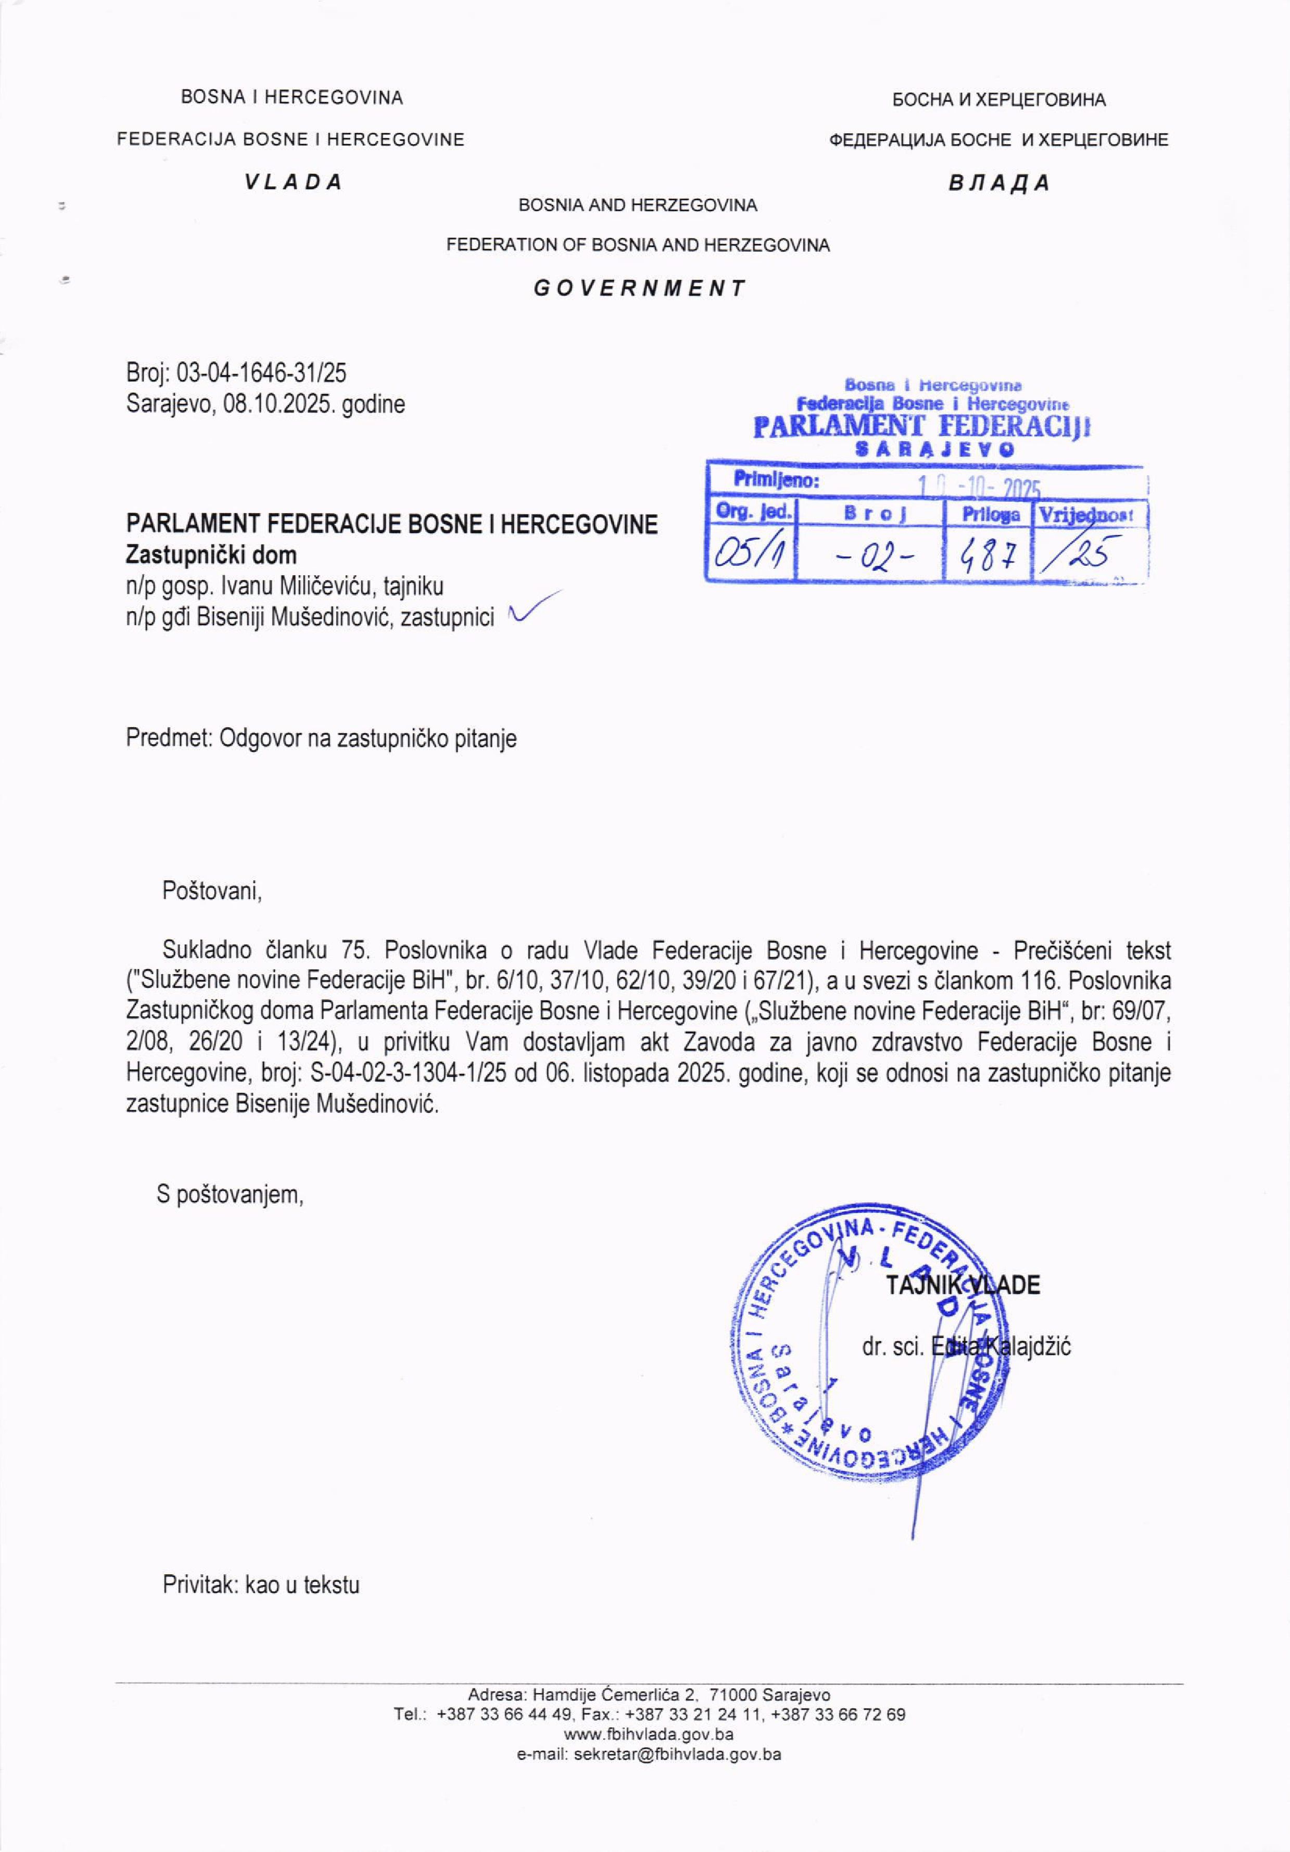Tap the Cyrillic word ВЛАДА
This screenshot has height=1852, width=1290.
click(x=999, y=183)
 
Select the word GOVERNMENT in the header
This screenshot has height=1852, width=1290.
click(x=639, y=288)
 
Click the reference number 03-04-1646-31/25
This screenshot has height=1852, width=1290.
click(x=261, y=372)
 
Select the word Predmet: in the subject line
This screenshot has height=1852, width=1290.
click(x=166, y=738)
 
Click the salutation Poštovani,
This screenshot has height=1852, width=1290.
click(x=213, y=891)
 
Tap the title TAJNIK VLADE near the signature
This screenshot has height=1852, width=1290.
click(x=963, y=1285)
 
